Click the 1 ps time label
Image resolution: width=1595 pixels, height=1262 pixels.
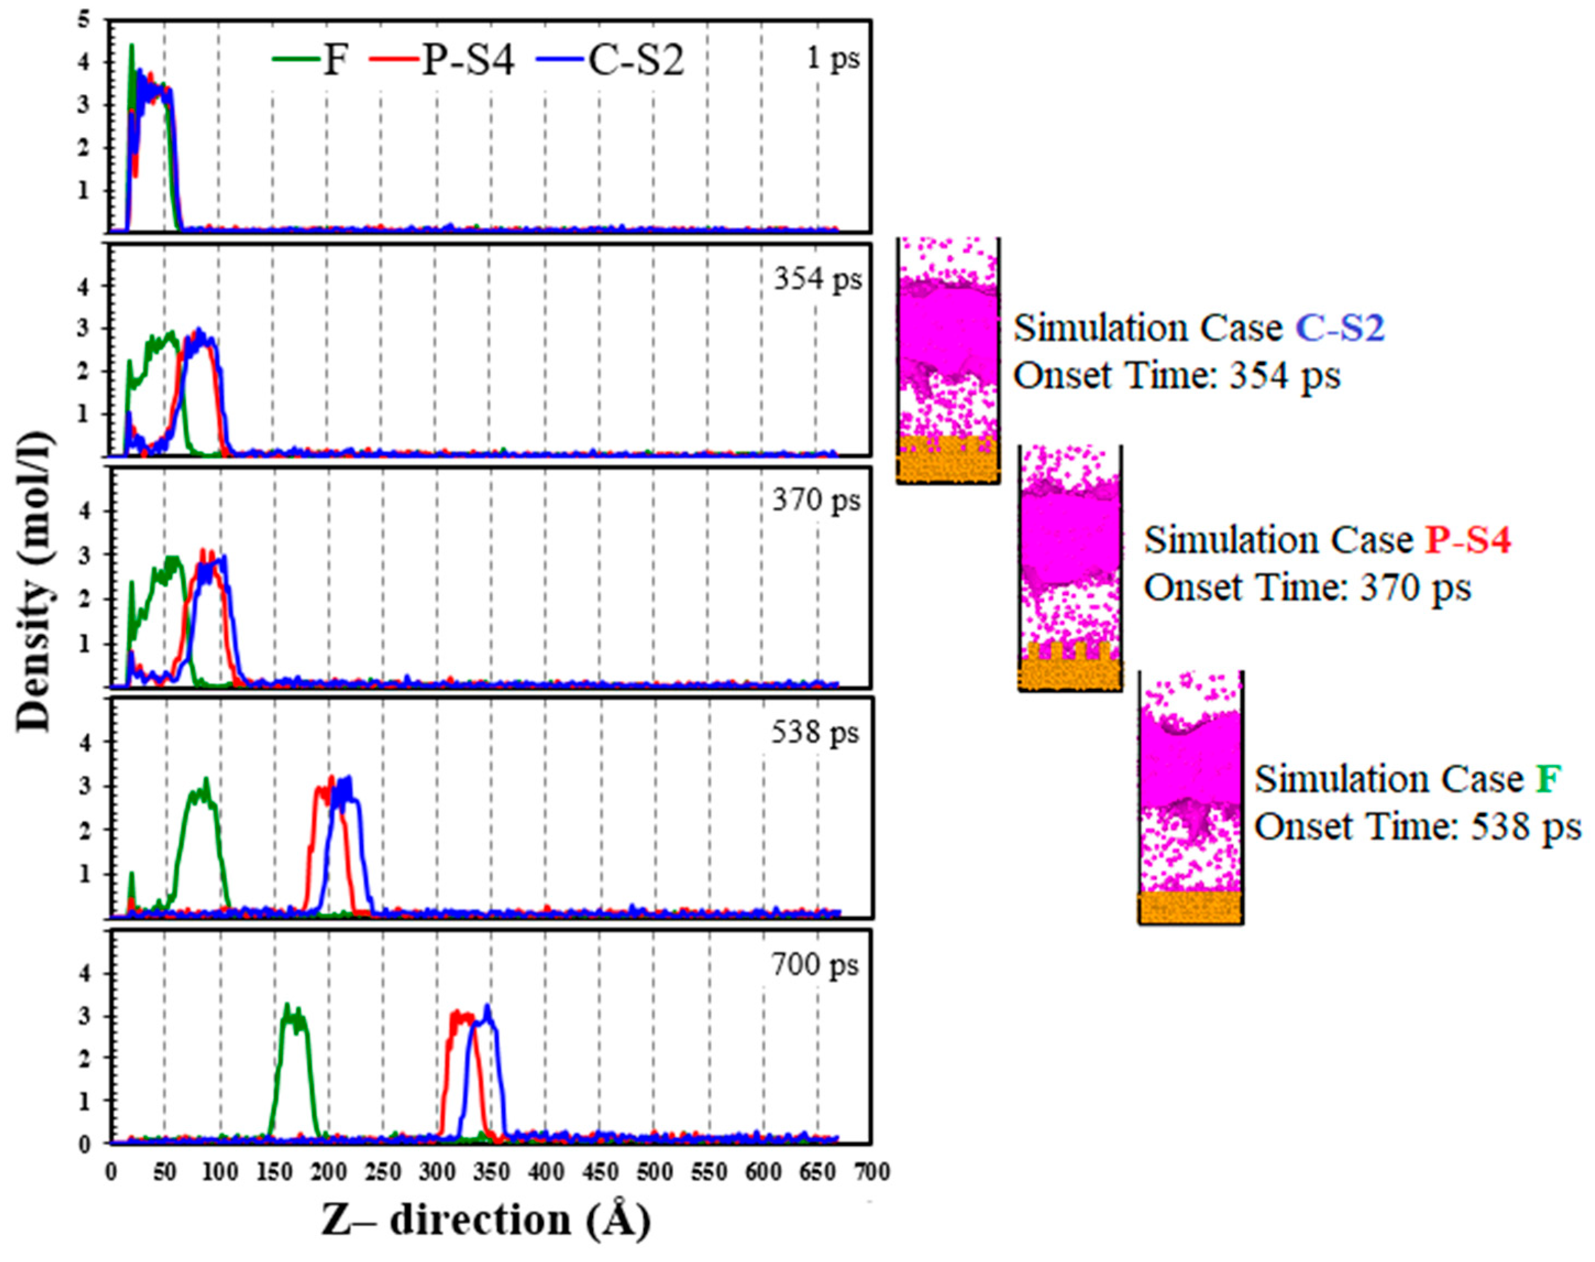(x=832, y=58)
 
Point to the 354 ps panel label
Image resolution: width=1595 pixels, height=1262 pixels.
(x=816, y=279)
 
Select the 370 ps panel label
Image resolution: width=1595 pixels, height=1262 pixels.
(x=816, y=501)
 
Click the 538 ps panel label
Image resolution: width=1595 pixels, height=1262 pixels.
(x=815, y=732)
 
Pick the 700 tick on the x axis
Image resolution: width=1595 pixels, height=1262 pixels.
(x=872, y=1172)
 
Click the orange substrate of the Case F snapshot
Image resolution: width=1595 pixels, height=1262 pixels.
(x=1190, y=907)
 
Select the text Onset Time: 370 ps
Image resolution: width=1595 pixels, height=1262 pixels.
(x=1307, y=589)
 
